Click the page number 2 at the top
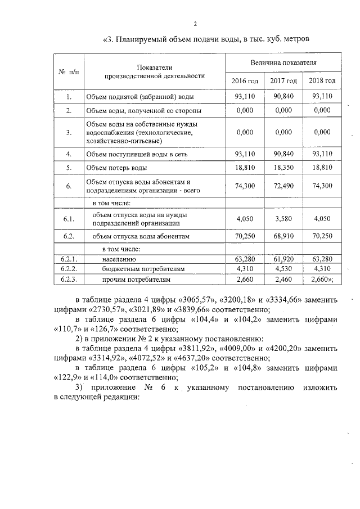(195, 24)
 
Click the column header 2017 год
(283, 82)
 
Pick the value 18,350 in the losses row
(283, 168)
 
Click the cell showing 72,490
(283, 186)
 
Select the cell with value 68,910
(283, 237)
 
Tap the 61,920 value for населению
(283, 259)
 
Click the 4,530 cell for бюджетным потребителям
(283, 269)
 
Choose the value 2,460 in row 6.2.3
(283, 279)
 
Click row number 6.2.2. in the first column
(69, 269)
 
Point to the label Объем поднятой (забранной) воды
(134, 97)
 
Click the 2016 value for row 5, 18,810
(245, 168)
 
